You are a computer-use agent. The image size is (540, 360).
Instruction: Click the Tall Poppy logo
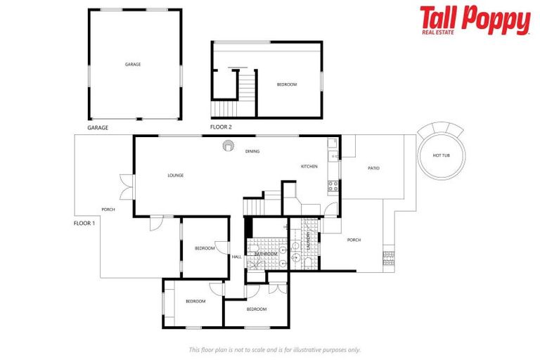pos(475,20)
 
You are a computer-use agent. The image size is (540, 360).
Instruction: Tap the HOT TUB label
pos(441,155)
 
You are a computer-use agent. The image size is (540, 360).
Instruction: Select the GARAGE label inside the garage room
pos(133,64)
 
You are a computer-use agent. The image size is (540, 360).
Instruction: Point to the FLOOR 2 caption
pos(221,127)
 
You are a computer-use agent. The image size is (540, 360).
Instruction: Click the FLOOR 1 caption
pos(84,223)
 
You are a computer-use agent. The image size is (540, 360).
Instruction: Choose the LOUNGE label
pos(176,175)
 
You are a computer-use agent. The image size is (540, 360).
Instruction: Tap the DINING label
pos(252,152)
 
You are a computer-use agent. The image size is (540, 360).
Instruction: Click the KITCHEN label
pos(309,167)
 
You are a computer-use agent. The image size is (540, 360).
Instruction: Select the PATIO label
pos(374,168)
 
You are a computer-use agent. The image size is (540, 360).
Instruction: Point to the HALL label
pos(237,257)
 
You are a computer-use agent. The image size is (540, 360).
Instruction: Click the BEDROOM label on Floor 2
pos(287,84)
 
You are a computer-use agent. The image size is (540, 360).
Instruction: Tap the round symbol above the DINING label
pos(229,146)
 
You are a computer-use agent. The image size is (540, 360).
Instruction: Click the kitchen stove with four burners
pos(333,186)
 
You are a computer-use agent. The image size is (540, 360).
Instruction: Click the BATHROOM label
pos(276,253)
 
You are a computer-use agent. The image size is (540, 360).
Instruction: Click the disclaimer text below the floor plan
pos(274,349)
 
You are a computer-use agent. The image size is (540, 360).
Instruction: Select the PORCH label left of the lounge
pos(108,210)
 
